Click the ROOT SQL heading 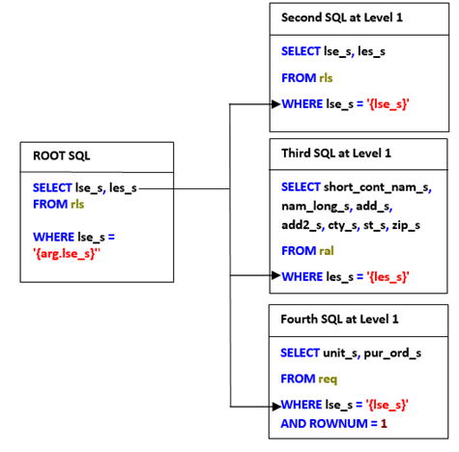pyautogui.click(x=62, y=156)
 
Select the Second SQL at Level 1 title pyautogui.click(x=342, y=17)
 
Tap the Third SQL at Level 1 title pyautogui.click(x=336, y=154)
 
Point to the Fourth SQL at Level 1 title pyautogui.click(x=339, y=319)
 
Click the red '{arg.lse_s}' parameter pyautogui.click(x=67, y=254)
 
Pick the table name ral pyautogui.click(x=327, y=251)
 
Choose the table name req pyautogui.click(x=328, y=380)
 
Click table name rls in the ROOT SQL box pyautogui.click(x=77, y=204)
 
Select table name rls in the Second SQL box pyautogui.click(x=326, y=78)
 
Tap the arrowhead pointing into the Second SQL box pyautogui.click(x=275, y=104)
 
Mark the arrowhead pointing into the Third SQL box pyautogui.click(x=275, y=275)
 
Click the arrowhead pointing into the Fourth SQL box pyautogui.click(x=276, y=407)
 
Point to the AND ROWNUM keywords pyautogui.click(x=324, y=424)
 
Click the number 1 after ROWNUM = pyautogui.click(x=384, y=424)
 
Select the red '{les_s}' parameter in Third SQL pyautogui.click(x=387, y=277)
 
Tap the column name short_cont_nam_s pyautogui.click(x=376, y=187)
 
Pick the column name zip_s pyautogui.click(x=406, y=225)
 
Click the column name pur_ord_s pyautogui.click(x=392, y=353)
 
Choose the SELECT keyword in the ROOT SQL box pyautogui.click(x=52, y=187)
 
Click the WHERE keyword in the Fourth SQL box pyautogui.click(x=301, y=405)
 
